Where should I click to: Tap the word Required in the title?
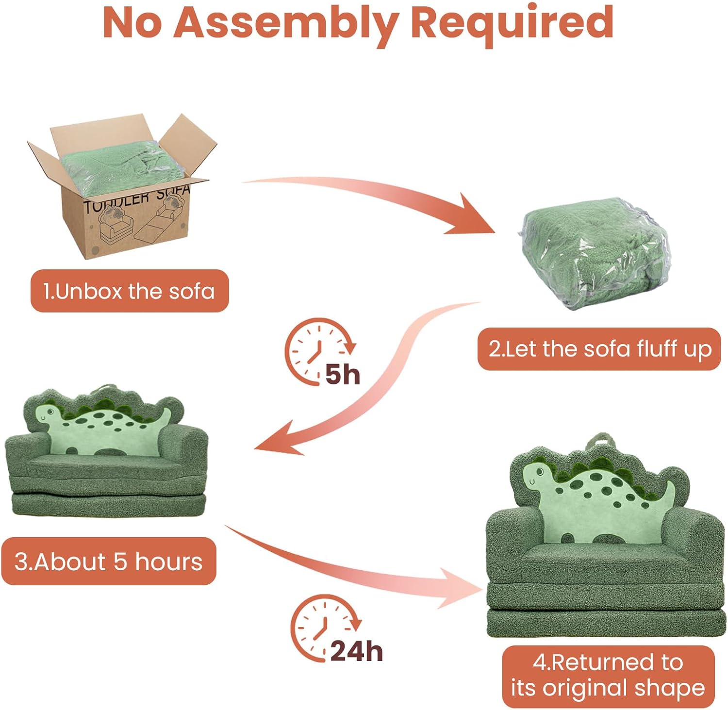tap(512, 23)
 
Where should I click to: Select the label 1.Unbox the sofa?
tap(130, 291)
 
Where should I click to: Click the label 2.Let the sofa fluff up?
tap(599, 349)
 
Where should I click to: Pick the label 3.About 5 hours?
tap(109, 561)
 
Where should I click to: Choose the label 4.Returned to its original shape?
tap(608, 676)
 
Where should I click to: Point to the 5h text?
tap(343, 375)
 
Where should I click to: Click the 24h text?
tap(357, 651)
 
